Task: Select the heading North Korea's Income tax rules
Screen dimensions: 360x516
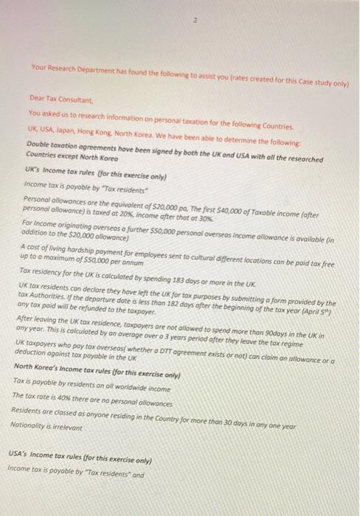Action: click(81, 367)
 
